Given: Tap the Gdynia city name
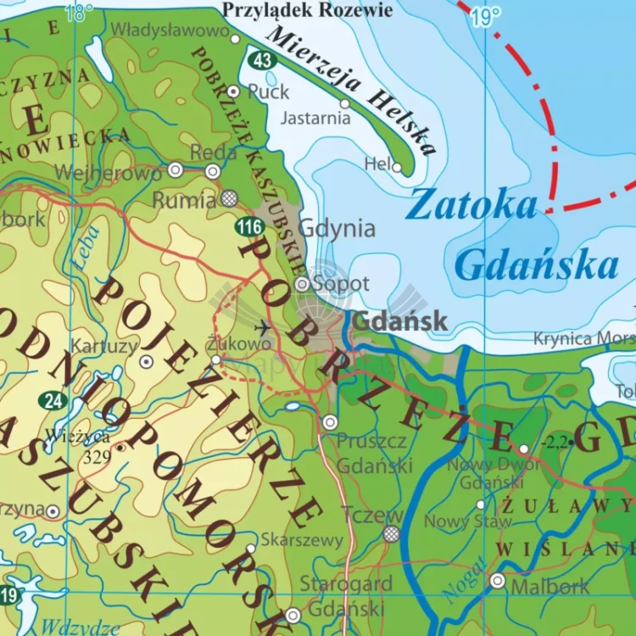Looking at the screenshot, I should [x=337, y=228].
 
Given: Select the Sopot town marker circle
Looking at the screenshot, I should [x=302, y=284].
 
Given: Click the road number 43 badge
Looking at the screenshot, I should [x=260, y=59].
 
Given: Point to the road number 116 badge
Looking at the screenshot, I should [x=250, y=226].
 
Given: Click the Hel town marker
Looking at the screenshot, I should [x=397, y=167].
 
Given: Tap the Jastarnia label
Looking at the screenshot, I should [x=315, y=118].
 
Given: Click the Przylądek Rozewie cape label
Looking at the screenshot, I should [x=307, y=10].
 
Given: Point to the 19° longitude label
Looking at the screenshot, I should [x=487, y=16].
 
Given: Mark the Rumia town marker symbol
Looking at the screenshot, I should [x=230, y=198].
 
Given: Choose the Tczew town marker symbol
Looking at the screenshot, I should [x=391, y=533].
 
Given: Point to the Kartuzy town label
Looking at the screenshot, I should [x=104, y=346].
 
